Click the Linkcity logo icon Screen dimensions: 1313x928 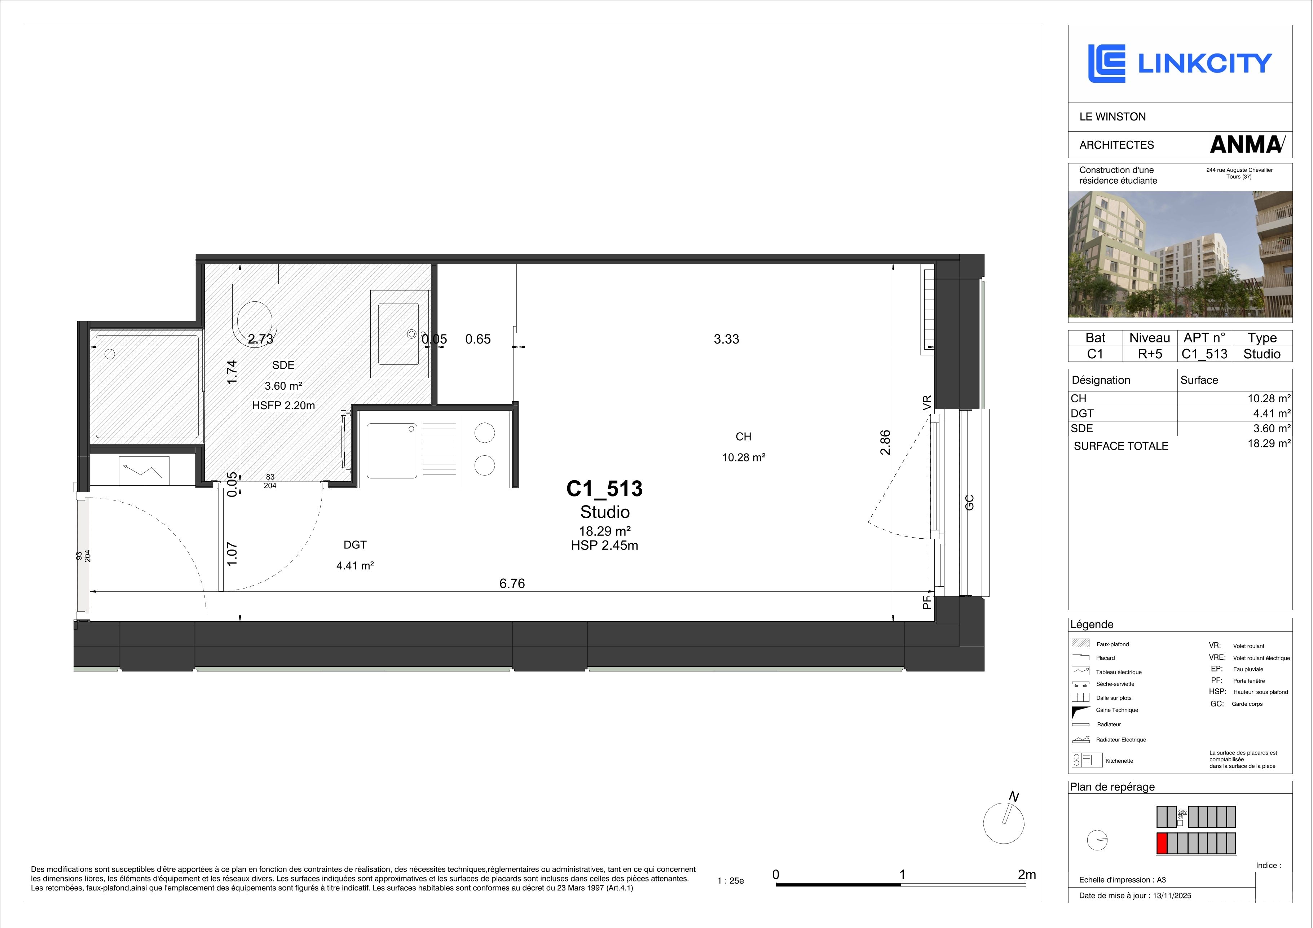(x=1106, y=64)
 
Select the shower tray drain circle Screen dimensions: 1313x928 (x=110, y=354)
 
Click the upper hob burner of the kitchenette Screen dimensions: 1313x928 (x=484, y=433)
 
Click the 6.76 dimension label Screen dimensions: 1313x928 (x=512, y=583)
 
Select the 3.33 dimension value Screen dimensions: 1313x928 (x=726, y=339)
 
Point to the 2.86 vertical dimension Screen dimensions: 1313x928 (x=885, y=442)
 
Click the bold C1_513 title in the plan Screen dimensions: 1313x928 (x=604, y=488)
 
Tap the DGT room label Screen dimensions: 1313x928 (x=355, y=545)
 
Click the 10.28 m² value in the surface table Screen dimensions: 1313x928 (x=1269, y=398)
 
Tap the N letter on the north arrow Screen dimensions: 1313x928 (x=1014, y=796)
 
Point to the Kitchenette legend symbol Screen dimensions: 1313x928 (x=1087, y=760)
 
